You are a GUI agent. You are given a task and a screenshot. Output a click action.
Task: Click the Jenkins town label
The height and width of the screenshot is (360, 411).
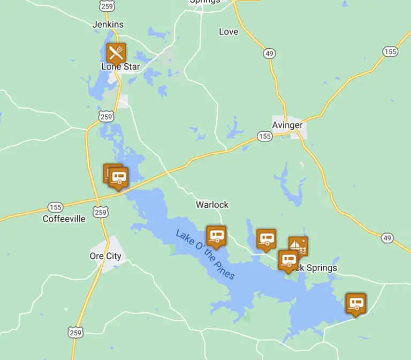[x=108, y=24]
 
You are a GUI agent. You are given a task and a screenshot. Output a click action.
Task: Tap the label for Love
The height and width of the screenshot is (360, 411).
[x=229, y=32]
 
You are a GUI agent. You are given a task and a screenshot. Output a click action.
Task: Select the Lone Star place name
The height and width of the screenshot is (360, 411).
[x=120, y=67]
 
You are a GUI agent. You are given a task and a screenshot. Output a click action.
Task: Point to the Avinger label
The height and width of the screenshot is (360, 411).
[x=287, y=125]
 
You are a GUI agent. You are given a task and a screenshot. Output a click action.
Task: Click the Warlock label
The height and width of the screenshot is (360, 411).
[x=212, y=204]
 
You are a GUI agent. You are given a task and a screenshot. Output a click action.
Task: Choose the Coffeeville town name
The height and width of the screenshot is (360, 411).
[x=64, y=219]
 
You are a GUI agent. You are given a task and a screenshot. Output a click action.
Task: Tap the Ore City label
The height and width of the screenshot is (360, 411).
[x=105, y=256]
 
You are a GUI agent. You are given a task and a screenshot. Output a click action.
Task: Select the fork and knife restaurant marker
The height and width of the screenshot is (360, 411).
[x=116, y=53]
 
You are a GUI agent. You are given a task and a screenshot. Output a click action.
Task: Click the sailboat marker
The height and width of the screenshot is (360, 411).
[x=298, y=246]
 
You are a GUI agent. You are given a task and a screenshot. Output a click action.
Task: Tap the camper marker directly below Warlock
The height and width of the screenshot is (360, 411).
[x=216, y=235]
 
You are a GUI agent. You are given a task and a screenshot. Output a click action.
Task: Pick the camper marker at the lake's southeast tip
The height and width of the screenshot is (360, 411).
[x=356, y=303]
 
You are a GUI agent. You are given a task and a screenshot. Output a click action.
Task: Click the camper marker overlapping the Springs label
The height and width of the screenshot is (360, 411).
[x=288, y=260]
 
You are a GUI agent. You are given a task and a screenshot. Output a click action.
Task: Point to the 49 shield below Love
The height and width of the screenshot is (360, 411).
[x=269, y=52]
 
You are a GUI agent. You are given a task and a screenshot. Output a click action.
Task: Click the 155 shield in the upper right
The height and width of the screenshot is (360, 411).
[x=390, y=51]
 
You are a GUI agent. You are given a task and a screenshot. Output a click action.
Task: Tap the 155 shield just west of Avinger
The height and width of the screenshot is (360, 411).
[x=264, y=136]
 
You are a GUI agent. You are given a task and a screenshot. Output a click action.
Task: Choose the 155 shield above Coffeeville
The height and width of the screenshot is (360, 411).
[x=55, y=207]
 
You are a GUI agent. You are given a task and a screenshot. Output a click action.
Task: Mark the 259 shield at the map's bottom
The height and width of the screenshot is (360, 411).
[x=75, y=332]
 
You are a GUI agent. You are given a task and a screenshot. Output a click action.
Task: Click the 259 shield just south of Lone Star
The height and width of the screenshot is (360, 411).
[x=106, y=116]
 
